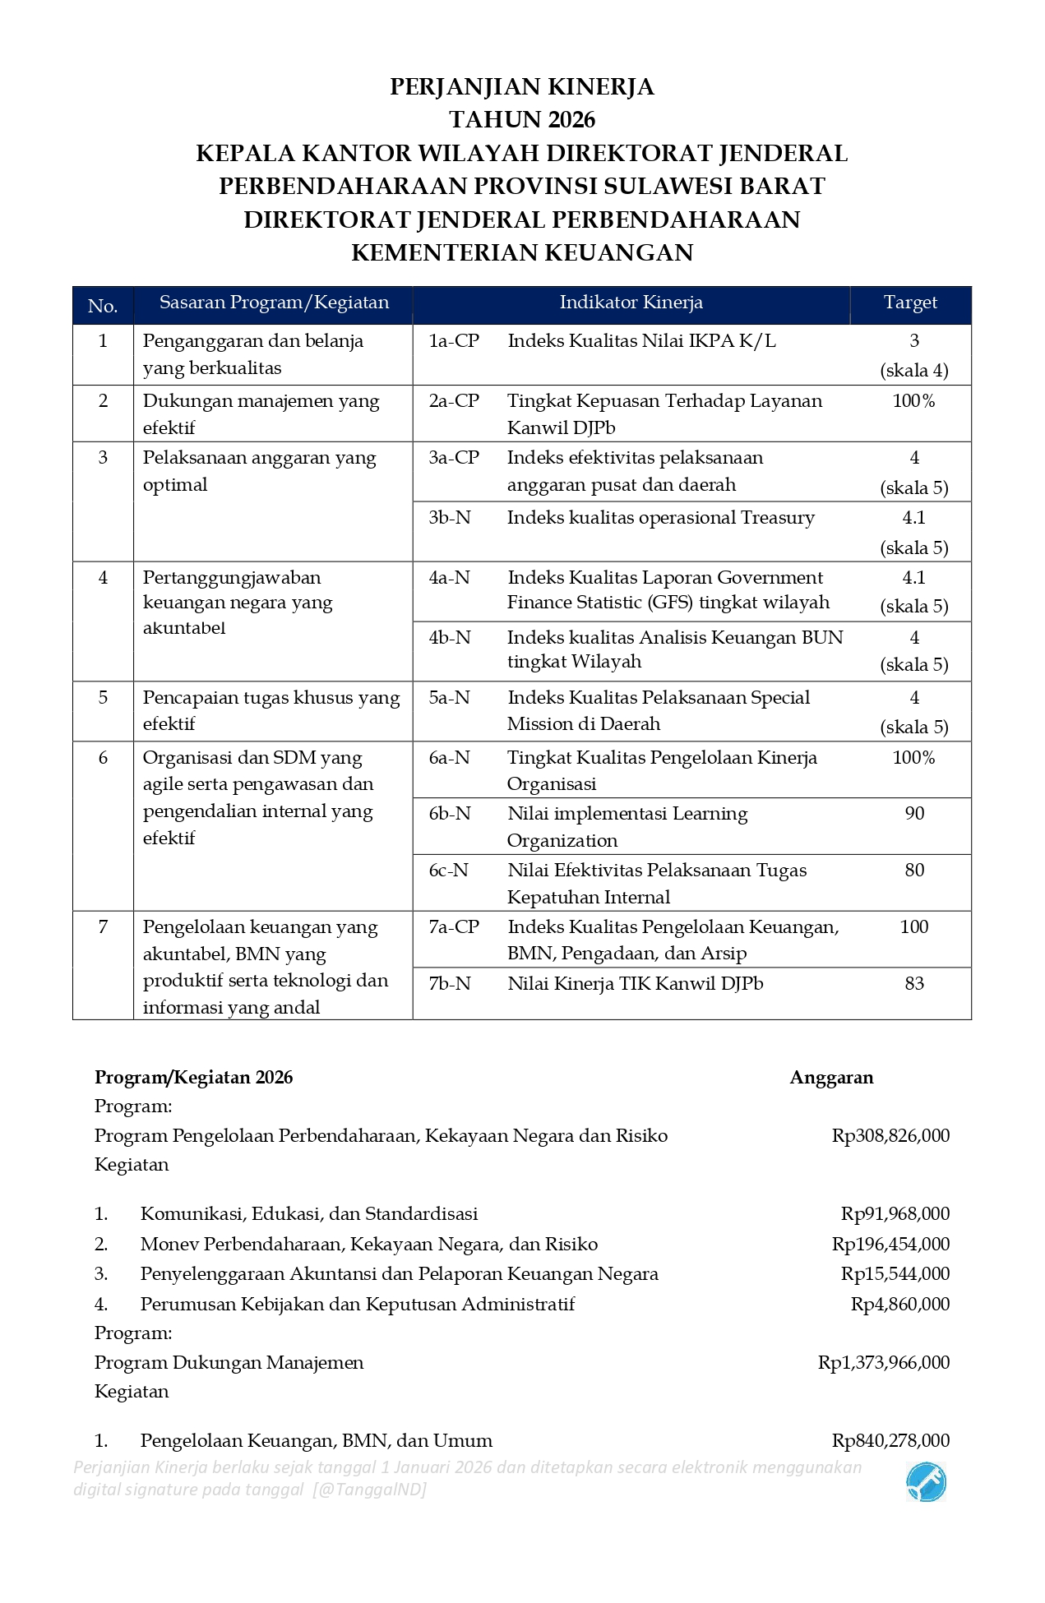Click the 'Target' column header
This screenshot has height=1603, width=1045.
(910, 303)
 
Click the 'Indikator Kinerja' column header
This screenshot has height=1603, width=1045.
(631, 303)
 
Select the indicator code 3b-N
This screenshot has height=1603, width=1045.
(450, 518)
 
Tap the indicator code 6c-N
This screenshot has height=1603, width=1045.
(449, 871)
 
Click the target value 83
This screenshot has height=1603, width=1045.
(913, 984)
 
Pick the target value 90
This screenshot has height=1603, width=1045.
(913, 814)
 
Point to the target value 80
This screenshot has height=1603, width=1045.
(913, 871)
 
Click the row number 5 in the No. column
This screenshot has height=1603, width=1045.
(103, 698)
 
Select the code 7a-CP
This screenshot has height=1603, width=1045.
(454, 927)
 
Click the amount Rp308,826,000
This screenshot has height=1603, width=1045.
(890, 1136)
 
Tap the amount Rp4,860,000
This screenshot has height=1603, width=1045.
(899, 1305)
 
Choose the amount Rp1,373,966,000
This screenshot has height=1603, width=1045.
(884, 1363)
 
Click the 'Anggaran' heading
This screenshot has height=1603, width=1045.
(831, 1078)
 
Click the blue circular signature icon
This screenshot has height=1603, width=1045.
(926, 1483)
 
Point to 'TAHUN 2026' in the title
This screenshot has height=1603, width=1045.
(522, 120)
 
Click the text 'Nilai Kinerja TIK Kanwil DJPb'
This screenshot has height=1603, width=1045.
(635, 984)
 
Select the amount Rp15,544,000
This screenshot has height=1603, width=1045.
(895, 1274)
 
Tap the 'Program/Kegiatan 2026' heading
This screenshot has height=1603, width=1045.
(193, 1078)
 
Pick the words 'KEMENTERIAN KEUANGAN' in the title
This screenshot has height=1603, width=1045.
(522, 252)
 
